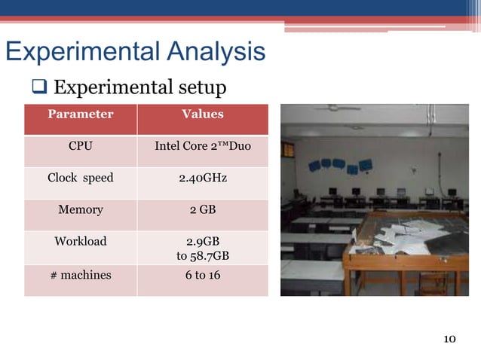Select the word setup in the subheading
point(199,89)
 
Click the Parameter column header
point(81,114)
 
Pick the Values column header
point(203,114)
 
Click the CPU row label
point(81,146)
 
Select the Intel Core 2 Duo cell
point(203,146)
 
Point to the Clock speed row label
point(81,178)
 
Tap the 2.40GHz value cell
point(203,178)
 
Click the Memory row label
point(81,210)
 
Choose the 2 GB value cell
point(203,210)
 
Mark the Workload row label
point(81,242)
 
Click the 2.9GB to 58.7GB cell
point(203,249)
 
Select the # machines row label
point(81,275)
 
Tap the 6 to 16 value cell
point(203,275)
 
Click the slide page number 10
point(449,338)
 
